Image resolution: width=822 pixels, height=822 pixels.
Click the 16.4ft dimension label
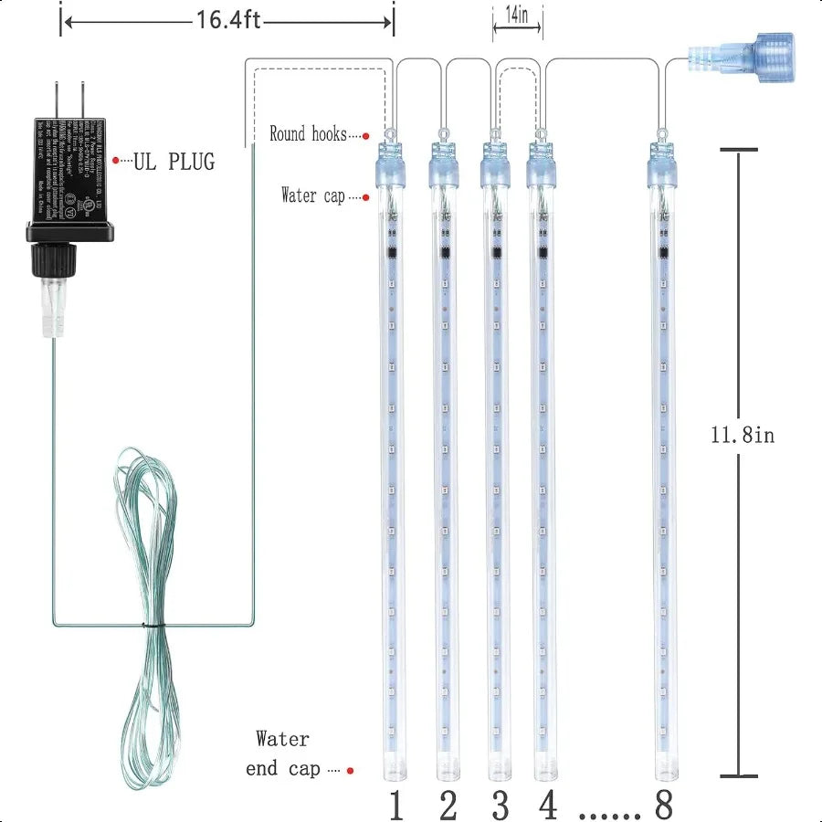point(227,20)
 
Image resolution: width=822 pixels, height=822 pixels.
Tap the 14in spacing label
point(517,16)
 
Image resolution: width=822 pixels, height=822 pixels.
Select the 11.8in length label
point(742,436)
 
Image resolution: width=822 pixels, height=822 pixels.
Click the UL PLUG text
point(174,162)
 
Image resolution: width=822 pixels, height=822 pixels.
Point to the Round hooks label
point(308,134)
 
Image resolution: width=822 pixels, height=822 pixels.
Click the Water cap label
point(313,195)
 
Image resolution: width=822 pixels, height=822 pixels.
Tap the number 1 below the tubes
point(395,806)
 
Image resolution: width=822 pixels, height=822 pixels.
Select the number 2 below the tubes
point(448,806)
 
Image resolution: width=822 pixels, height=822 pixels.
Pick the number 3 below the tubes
point(500,806)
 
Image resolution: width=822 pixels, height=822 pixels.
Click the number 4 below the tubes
point(548,806)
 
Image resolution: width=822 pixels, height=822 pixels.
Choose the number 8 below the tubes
point(663,806)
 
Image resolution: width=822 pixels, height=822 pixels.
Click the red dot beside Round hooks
point(365,136)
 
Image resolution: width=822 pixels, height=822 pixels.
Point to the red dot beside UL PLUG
point(116,161)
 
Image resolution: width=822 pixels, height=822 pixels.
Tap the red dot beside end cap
point(351,770)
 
